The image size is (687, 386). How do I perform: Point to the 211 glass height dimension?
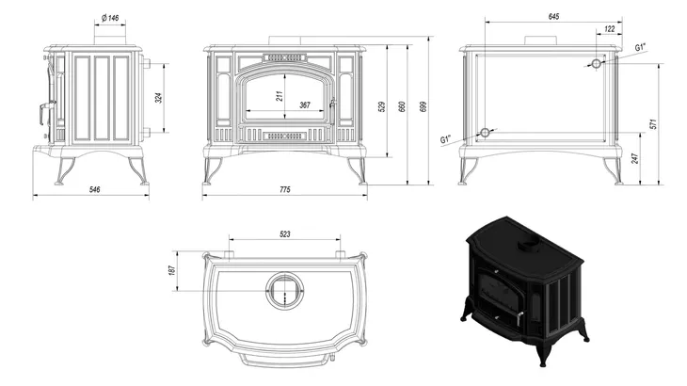[x=280, y=95]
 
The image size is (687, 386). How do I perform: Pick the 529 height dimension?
[x=381, y=105]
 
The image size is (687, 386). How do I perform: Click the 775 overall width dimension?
[x=284, y=189]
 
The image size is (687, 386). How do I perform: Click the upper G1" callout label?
[x=640, y=46]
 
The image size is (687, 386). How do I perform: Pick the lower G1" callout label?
[x=446, y=139]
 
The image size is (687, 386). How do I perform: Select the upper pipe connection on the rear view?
[x=595, y=63]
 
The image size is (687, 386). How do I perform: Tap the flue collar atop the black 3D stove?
[x=527, y=244]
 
